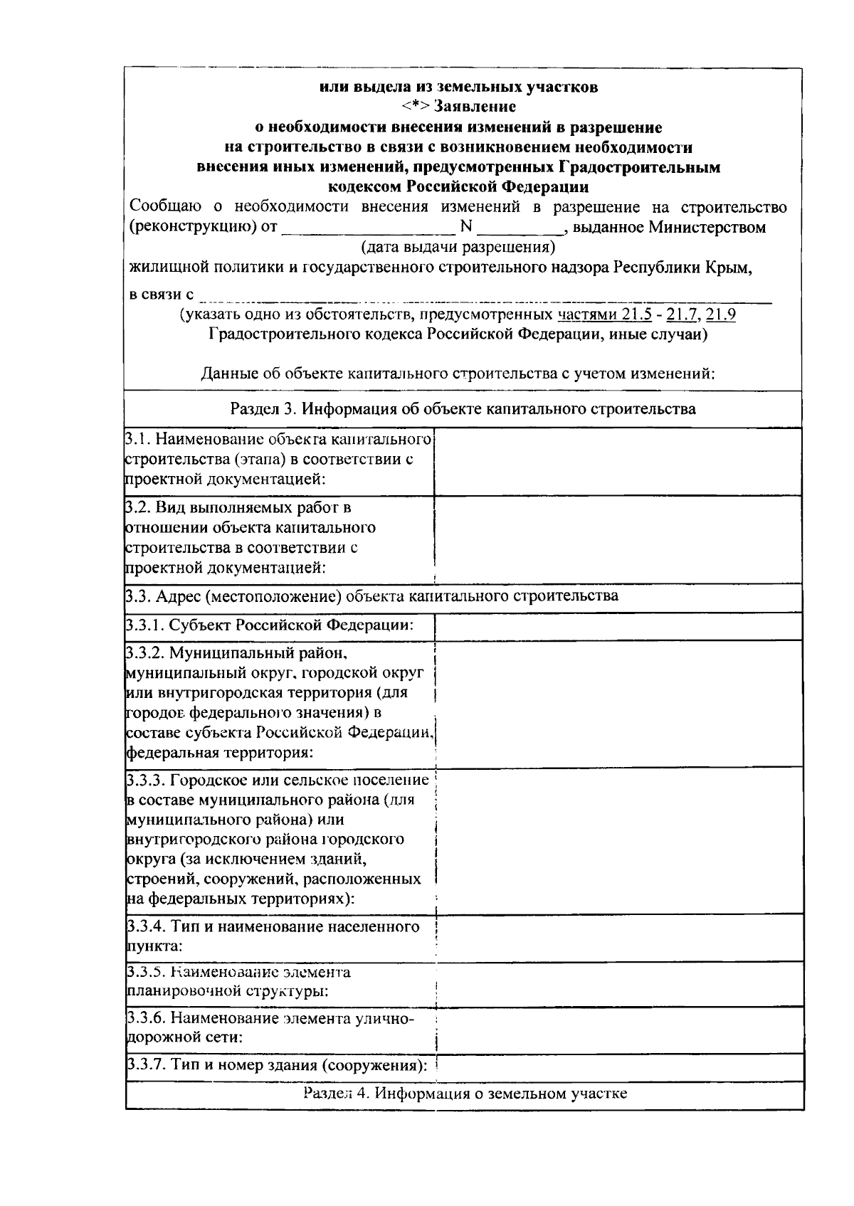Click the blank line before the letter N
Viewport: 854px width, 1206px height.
click(x=369, y=229)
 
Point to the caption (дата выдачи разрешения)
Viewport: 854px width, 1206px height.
click(x=458, y=248)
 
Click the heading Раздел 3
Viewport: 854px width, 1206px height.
click(x=463, y=409)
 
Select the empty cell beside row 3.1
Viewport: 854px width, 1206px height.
click(x=618, y=461)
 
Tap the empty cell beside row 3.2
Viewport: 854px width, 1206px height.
click(x=618, y=539)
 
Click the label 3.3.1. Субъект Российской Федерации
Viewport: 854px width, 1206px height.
click(x=270, y=625)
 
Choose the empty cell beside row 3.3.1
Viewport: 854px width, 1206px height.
click(x=618, y=626)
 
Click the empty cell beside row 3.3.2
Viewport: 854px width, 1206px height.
click(x=618, y=702)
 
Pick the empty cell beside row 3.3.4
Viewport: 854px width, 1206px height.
click(x=618, y=936)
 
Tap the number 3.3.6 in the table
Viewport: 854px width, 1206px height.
click(x=147, y=1018)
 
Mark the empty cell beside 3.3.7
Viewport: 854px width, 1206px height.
click(x=618, y=1066)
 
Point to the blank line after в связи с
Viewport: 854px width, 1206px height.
click(x=484, y=295)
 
